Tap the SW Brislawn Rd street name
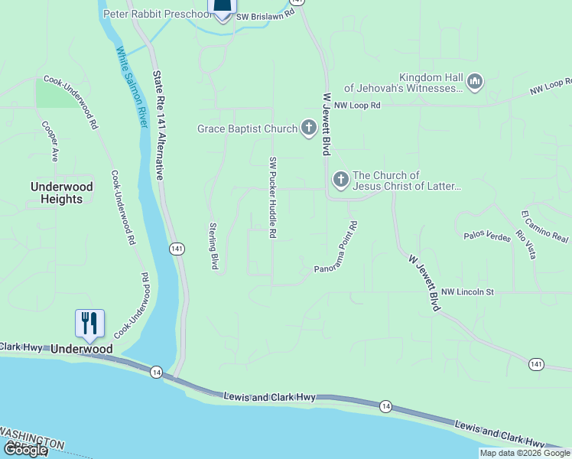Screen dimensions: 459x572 [265, 16]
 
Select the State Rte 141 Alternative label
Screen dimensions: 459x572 [158, 125]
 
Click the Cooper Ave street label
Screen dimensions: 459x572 [50, 142]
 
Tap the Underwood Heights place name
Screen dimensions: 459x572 [62, 193]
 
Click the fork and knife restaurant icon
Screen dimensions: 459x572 [89, 324]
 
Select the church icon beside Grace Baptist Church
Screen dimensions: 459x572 [308, 128]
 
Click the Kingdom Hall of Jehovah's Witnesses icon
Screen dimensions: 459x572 [475, 82]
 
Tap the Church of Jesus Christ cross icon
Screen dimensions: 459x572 [340, 180]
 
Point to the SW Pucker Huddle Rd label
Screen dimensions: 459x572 [271, 197]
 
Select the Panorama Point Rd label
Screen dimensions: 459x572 [336, 248]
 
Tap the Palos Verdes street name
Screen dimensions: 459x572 [487, 236]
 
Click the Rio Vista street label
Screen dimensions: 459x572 [525, 244]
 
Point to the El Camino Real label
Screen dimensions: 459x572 [544, 226]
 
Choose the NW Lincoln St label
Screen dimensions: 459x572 [468, 291]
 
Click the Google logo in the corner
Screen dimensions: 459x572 [25, 450]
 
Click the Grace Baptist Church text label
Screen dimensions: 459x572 [247, 129]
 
